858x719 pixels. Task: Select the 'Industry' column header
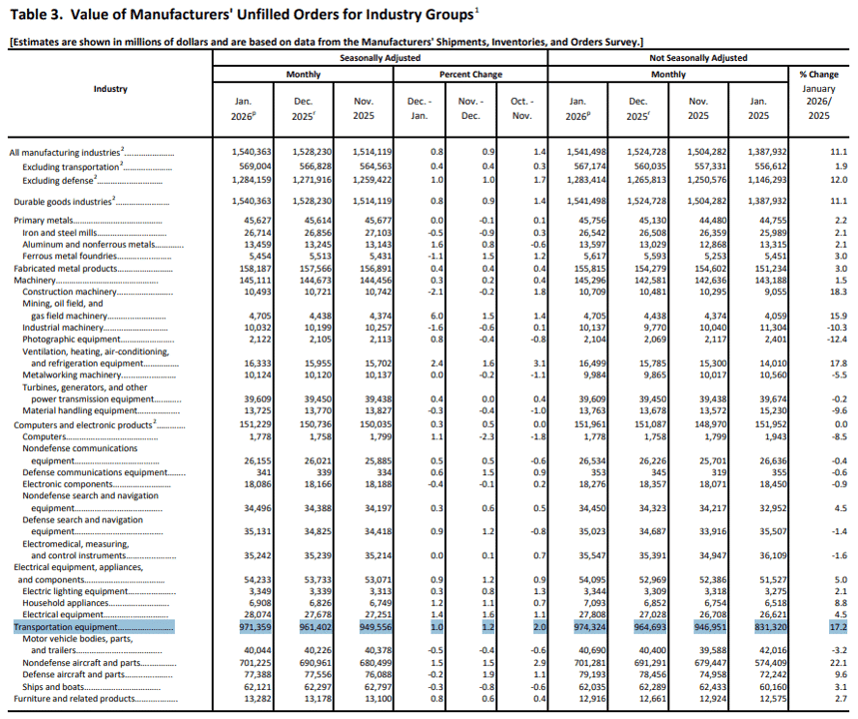coord(110,89)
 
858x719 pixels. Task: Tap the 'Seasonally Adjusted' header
coord(380,58)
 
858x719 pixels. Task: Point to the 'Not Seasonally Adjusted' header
coord(698,58)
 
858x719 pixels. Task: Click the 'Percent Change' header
coord(470,75)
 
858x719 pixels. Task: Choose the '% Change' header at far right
coord(819,75)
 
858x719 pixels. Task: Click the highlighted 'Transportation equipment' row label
coord(65,627)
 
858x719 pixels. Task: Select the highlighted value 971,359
coord(255,627)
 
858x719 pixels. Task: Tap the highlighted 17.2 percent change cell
coord(838,627)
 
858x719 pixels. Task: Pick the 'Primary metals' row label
coord(43,221)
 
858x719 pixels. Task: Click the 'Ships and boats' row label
coord(53,687)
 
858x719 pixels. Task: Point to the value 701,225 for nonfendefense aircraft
coord(255,663)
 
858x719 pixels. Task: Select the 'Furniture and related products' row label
coord(74,699)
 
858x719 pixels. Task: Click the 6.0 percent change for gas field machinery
coord(437,316)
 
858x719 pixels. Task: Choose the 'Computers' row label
coord(44,436)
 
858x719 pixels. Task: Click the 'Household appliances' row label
coord(65,603)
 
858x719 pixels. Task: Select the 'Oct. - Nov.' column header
coord(522,108)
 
